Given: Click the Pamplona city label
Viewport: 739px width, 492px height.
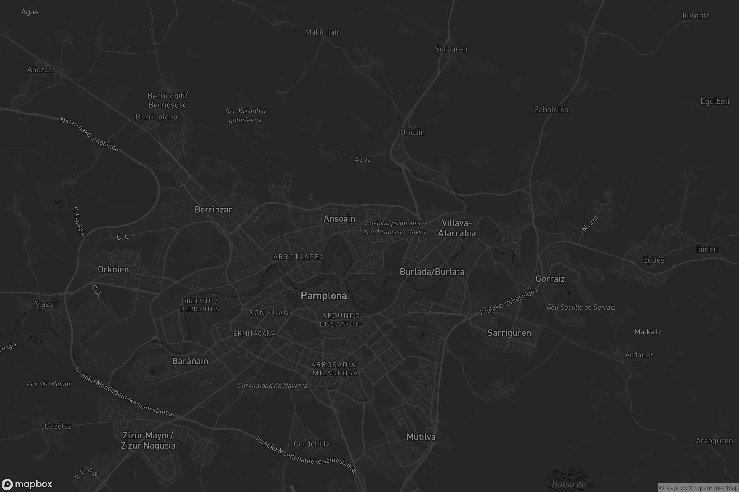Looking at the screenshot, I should tap(324, 296).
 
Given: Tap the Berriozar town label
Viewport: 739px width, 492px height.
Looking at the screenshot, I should tap(213, 210).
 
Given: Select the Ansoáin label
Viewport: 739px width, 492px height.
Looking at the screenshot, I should tap(339, 219).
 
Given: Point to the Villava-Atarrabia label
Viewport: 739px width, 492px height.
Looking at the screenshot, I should tap(457, 228).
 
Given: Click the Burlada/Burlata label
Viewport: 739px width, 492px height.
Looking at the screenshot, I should tap(432, 272).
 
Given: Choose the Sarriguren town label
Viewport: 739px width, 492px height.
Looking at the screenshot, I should tap(509, 333).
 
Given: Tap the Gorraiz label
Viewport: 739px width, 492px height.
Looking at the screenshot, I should tap(550, 279).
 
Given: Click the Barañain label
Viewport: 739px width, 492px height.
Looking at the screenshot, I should tap(190, 361).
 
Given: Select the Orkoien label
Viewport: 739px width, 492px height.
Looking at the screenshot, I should tap(113, 270).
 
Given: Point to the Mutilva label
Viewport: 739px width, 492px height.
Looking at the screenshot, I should tap(421, 437).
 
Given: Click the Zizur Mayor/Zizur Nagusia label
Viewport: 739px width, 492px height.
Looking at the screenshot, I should tap(148, 441).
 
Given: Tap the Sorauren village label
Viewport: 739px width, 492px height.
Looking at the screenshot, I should tap(450, 49).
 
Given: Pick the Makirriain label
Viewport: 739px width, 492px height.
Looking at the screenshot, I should tap(323, 32).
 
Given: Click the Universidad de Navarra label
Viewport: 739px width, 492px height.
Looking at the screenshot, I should tap(272, 386).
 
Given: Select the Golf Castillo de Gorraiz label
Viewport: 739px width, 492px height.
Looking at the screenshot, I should tap(581, 307).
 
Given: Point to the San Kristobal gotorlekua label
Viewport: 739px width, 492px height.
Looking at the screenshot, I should tap(245, 116).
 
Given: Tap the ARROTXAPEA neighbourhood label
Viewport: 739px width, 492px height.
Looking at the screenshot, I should tap(298, 257).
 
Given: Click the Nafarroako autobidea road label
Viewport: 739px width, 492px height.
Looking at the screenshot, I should tap(90, 134).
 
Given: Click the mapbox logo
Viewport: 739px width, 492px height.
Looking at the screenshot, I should tap(26, 484).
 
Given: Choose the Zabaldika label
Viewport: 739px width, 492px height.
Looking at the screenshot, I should tap(551, 110).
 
